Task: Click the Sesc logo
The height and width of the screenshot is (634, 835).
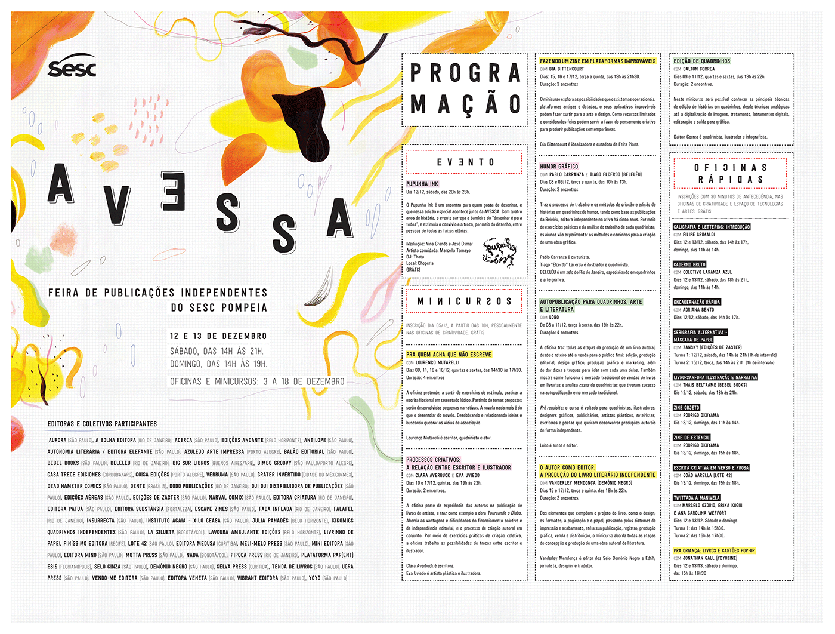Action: pos(72,68)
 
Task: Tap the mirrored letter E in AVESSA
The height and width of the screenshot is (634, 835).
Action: pos(172,191)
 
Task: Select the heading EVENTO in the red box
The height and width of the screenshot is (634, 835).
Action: pos(465,162)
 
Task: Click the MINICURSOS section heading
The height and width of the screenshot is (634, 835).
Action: pos(465,301)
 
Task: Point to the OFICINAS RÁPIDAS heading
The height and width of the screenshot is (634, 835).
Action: pos(731,174)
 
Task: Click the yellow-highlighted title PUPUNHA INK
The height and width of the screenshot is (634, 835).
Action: pos(422,184)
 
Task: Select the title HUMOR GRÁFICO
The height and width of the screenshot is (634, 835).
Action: pos(559,167)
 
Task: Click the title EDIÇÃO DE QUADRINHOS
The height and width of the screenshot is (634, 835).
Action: pos(702,61)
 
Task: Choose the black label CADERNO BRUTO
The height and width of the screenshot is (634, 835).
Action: pos(689,264)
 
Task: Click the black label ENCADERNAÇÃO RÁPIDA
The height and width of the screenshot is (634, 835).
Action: pos(697,302)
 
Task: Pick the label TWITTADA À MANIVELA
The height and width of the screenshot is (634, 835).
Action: pos(697,498)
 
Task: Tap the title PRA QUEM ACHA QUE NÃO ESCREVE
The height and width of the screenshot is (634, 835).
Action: pos(449,355)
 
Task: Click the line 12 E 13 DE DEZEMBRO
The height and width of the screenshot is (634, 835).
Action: pos(218,336)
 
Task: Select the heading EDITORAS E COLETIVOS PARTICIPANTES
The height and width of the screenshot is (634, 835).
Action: pos(102,424)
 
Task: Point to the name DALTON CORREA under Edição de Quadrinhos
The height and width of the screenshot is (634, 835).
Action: pos(698,69)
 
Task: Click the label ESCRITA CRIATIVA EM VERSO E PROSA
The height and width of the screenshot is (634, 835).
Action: pos(711,468)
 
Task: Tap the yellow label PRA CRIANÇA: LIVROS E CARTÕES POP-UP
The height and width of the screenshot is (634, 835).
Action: pos(714,550)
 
